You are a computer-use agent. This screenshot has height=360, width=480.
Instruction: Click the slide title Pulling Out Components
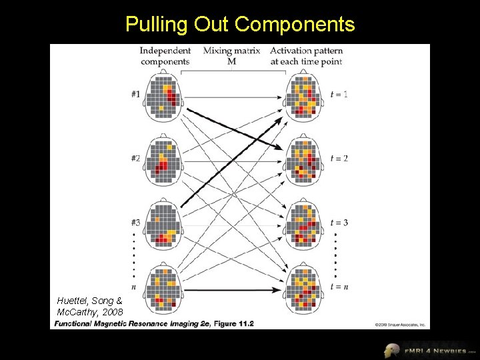point(240,25)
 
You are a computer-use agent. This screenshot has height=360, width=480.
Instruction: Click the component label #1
point(135,94)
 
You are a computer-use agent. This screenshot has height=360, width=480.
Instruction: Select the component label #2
point(135,158)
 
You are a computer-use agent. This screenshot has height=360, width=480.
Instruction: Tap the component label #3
point(135,222)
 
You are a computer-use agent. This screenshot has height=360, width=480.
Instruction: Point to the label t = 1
point(339,94)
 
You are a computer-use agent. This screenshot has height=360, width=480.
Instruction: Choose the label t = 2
point(339,158)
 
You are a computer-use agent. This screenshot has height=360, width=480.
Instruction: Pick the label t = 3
point(339,222)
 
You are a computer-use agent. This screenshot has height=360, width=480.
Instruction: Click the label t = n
point(339,287)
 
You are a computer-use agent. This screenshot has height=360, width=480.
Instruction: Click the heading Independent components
point(165,56)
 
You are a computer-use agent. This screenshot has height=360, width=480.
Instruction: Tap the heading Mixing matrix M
point(231,56)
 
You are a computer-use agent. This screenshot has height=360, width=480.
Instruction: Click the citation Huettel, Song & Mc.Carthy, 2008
point(90,306)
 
